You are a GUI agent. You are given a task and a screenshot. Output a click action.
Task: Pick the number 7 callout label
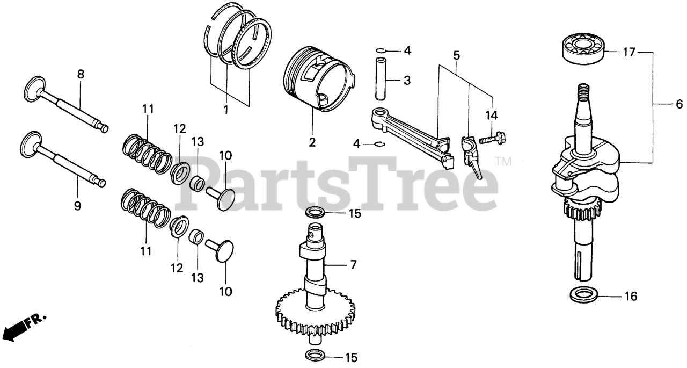click(353, 265)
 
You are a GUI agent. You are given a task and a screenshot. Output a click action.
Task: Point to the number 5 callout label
click(456, 55)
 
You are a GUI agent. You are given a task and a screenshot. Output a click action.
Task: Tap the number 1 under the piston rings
click(226, 110)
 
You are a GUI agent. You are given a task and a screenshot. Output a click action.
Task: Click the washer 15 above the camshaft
click(315, 213)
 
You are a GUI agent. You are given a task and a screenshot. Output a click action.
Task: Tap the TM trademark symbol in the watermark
click(503, 161)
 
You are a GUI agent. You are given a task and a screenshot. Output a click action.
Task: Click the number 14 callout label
click(492, 114)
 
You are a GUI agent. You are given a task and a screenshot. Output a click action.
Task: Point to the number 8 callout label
click(81, 75)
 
